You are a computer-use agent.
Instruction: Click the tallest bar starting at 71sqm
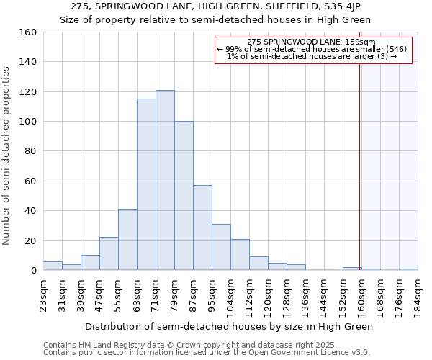(x=165, y=180)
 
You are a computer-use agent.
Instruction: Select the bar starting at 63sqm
(x=146, y=184)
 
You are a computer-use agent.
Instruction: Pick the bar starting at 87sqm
(x=202, y=228)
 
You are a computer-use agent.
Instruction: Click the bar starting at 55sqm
(x=127, y=240)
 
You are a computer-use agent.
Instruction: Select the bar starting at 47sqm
(x=109, y=253)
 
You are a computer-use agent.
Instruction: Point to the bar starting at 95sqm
(x=221, y=247)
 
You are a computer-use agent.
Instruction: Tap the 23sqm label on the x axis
(x=44, y=294)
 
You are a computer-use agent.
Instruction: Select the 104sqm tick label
(x=230, y=296)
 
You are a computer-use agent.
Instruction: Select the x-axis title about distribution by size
(x=229, y=326)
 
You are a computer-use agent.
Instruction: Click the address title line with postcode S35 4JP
(x=216, y=6)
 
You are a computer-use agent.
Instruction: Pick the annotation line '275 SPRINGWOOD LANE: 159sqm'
(x=313, y=42)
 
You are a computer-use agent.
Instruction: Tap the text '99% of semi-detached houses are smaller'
(x=313, y=49)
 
